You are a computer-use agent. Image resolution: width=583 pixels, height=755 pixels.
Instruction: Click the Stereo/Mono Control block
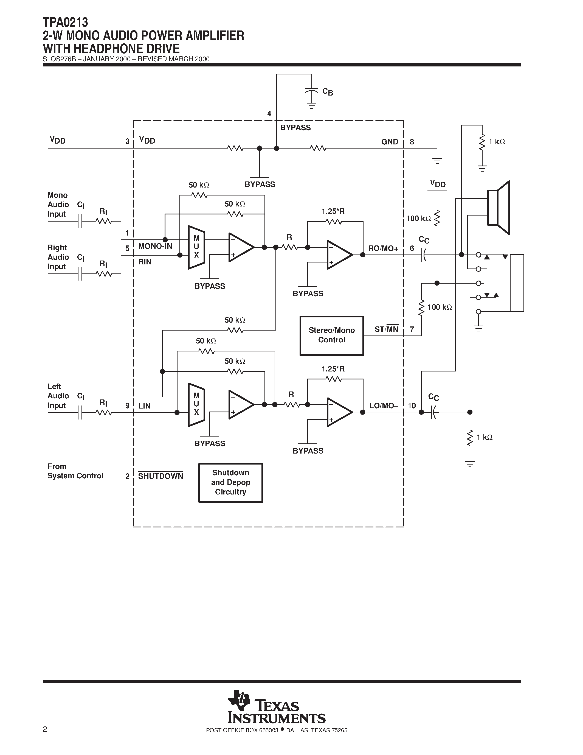(x=332, y=335)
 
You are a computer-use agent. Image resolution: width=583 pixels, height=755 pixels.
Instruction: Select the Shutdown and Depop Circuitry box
(x=230, y=482)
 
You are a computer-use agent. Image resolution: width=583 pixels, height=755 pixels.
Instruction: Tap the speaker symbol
(x=498, y=207)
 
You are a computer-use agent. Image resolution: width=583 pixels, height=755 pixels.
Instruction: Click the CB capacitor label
(x=327, y=92)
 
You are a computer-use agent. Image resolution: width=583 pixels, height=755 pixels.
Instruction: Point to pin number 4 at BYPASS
(x=269, y=114)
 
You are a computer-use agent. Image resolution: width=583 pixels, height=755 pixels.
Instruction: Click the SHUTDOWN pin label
(x=160, y=476)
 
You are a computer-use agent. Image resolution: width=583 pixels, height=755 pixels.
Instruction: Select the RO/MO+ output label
(x=383, y=248)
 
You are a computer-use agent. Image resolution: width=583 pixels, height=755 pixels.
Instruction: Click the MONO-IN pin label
(x=155, y=246)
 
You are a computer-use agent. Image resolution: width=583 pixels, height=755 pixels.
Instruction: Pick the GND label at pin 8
(x=390, y=142)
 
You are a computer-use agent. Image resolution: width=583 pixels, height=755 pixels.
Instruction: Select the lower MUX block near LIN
(x=196, y=404)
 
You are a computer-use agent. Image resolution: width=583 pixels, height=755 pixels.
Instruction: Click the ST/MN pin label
(x=386, y=329)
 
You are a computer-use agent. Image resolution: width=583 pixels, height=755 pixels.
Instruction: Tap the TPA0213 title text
(x=66, y=23)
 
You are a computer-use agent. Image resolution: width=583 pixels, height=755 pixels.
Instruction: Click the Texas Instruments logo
(x=276, y=711)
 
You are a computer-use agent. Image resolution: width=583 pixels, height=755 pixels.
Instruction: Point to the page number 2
(x=45, y=729)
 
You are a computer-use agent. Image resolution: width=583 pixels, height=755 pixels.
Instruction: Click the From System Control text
(x=75, y=471)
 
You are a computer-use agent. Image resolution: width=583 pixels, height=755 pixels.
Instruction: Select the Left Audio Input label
(x=58, y=396)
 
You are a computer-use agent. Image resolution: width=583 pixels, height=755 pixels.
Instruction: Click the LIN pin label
(x=144, y=406)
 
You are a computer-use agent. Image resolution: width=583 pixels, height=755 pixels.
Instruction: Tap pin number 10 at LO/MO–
(x=412, y=406)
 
